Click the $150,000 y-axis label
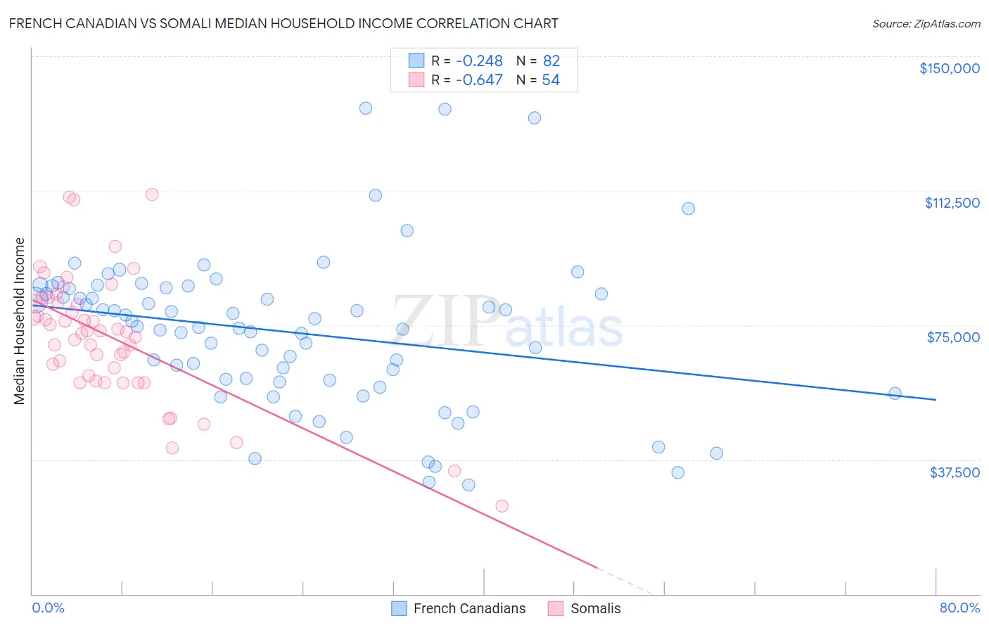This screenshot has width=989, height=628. [949, 68]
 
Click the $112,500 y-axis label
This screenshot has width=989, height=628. [952, 203]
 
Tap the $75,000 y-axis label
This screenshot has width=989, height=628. [953, 337]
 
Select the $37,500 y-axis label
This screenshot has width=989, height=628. [954, 472]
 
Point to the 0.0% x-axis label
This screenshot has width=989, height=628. [48, 608]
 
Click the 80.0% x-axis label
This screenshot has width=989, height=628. [959, 608]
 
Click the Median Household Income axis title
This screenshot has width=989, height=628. [19, 321]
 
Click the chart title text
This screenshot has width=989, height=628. [283, 23]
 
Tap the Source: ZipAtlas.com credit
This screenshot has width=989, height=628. [926, 23]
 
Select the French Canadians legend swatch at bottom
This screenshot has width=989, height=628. [400, 608]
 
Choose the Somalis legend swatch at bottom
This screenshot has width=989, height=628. [556, 608]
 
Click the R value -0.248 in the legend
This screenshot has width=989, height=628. [479, 61]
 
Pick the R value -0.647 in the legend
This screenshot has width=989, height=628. [479, 80]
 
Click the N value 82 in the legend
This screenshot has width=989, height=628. [551, 61]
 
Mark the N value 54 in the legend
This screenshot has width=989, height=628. [551, 80]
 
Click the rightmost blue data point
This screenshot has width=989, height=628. [895, 394]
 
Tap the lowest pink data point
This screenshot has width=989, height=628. [502, 506]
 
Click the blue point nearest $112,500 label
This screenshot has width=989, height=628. [688, 208]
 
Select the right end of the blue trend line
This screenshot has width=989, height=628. [936, 400]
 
